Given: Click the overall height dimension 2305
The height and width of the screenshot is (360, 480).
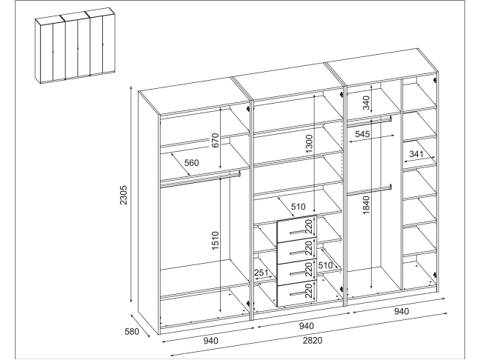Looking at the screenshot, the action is pos(124,195).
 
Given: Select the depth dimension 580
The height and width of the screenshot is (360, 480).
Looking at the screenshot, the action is pos(132,331).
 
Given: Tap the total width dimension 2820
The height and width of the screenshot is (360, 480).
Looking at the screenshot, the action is pos(313,340).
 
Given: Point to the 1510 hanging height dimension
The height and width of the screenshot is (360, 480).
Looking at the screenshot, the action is pos(216,240).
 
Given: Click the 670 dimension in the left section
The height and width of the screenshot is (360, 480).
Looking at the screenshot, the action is pos(216,140).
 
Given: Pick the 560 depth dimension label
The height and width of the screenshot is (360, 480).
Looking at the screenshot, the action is pos(191,162).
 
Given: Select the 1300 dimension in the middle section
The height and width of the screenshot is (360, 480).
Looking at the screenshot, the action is pos(310,144).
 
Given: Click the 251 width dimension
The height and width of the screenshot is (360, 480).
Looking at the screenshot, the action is pos(261,273).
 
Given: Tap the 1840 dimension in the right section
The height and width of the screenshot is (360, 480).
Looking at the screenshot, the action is pos(366,205).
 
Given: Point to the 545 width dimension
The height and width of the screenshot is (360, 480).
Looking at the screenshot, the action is pos(362,134).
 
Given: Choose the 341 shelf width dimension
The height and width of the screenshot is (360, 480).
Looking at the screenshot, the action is pos(416,154).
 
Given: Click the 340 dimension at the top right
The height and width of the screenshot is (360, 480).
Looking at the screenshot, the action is pos(366,103).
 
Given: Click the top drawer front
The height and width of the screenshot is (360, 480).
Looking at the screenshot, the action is pos(296,230).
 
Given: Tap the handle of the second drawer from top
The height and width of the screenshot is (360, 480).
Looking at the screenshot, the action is pos(298,253).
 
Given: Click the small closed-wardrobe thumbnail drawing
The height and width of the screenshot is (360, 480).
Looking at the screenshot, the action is pos(76,45).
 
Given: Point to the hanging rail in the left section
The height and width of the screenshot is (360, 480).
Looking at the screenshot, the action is pos(200,179).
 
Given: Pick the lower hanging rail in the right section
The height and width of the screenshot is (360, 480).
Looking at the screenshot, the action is pos(370,190).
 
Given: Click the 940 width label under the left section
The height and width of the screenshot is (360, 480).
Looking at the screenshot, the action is pos(210,340).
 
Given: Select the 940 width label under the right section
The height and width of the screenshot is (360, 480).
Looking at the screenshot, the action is pos(401,311).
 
